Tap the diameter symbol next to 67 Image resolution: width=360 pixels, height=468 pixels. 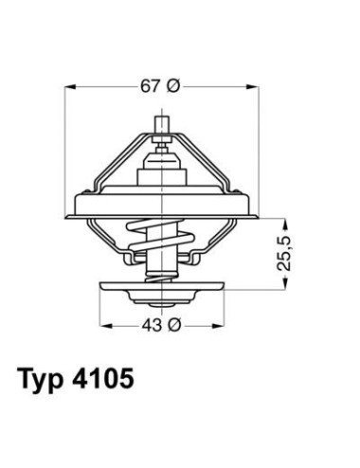[171, 86]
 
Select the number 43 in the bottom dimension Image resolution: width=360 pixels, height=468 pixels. [148, 325]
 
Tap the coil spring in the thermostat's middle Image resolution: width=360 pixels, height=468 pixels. [160, 238]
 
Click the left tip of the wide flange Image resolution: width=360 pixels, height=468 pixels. [72, 202]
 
